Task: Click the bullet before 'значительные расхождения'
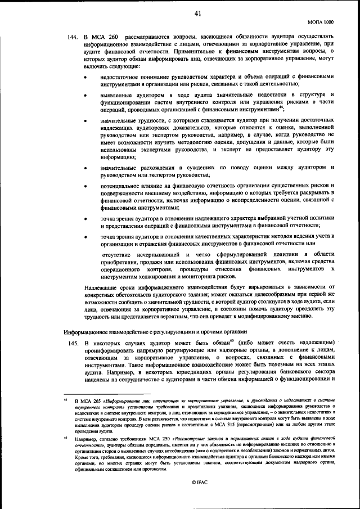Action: point(85,168)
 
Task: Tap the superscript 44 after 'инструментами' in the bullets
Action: point(280,108)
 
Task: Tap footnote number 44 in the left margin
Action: point(65,399)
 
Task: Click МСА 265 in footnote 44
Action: point(93,400)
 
